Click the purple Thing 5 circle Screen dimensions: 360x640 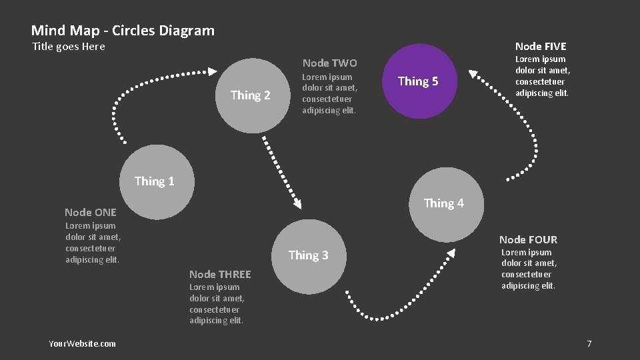click(418, 81)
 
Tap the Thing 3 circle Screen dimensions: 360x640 click(309, 256)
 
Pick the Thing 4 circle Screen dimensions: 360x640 click(446, 204)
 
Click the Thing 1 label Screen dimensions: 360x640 click(154, 181)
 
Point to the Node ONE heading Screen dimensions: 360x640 click(91, 212)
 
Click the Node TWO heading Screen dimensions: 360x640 click(329, 63)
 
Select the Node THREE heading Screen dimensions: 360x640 click(220, 274)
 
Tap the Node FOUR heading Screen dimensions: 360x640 click(528, 239)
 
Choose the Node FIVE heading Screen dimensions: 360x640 click(541, 46)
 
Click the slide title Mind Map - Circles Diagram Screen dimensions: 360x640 click(123, 31)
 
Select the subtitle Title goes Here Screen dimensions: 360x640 click(69, 47)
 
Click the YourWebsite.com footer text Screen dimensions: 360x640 click(82, 343)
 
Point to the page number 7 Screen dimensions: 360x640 click(589, 343)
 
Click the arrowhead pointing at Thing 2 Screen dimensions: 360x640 click(213, 71)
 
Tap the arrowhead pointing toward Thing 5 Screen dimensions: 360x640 click(473, 74)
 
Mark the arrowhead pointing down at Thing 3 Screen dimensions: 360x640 click(296, 203)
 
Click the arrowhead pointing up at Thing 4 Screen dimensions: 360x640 click(451, 253)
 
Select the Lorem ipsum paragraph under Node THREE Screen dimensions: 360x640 click(217, 304)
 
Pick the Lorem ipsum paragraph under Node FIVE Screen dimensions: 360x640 click(543, 76)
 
